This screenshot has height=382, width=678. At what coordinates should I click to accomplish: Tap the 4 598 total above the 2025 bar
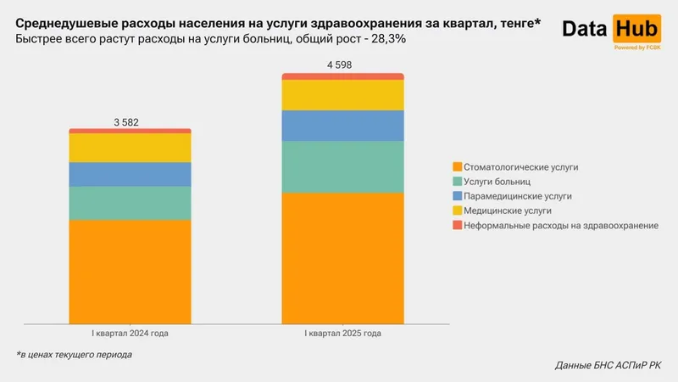point(342,65)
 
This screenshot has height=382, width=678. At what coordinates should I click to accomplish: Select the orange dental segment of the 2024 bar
point(130,272)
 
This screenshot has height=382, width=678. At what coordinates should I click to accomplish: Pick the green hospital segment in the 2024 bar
point(130,203)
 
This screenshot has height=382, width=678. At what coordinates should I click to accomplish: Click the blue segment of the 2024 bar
point(130,174)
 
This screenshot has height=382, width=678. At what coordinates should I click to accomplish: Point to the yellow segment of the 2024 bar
point(130,148)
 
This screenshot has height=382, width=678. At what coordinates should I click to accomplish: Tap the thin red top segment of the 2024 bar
point(130,131)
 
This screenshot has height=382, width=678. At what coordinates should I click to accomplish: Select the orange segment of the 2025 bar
point(342,258)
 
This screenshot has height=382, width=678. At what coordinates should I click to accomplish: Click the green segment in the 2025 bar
point(342,166)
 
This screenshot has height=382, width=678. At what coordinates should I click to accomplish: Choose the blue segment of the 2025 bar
point(342,126)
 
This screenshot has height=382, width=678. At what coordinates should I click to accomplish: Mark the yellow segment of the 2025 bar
point(342,95)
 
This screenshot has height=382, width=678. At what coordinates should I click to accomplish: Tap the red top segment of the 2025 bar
point(342,76)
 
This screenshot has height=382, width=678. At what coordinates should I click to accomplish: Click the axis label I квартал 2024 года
point(130,334)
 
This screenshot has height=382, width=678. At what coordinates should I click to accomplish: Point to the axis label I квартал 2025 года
point(342,334)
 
